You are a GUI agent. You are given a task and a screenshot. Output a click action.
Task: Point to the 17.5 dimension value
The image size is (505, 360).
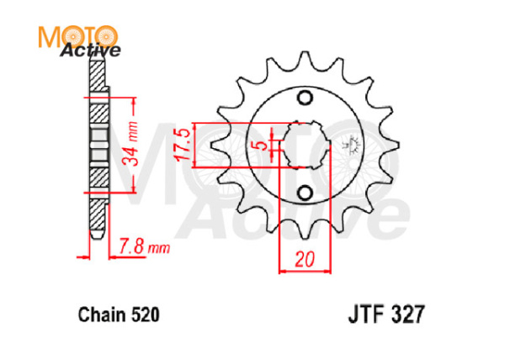(x=178, y=145)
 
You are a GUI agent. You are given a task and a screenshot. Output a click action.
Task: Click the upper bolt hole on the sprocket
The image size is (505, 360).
(x=304, y=98)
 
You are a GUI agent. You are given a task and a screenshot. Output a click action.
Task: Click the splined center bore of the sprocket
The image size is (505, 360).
(x=304, y=145)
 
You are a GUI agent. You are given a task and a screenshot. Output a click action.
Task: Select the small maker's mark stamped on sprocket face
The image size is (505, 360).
(x=352, y=145)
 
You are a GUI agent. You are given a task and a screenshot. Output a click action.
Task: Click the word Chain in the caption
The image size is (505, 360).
(x=99, y=315)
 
